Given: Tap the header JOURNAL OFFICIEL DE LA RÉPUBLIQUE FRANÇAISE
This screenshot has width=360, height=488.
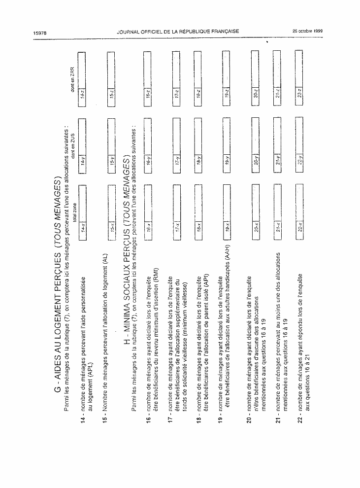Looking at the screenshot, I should click(x=178, y=31).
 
